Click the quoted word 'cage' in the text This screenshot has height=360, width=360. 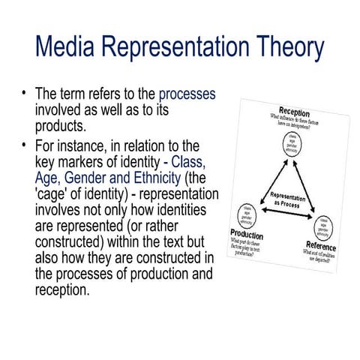(x=54, y=195)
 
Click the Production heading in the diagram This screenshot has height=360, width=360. (x=248, y=234)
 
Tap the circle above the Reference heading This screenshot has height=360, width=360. (x=328, y=226)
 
